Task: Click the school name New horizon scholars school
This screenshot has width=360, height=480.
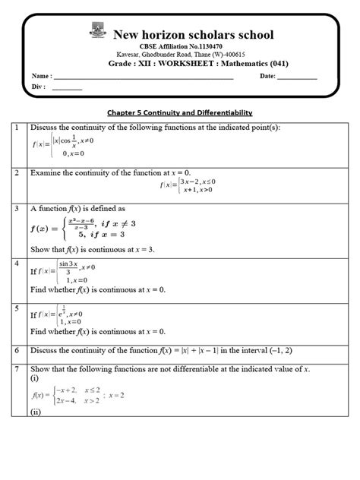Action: pyautogui.click(x=194, y=34)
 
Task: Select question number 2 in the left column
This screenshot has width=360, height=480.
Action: pyautogui.click(x=15, y=174)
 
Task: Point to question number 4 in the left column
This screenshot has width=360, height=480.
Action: pyautogui.click(x=15, y=263)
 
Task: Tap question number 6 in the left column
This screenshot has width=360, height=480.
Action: pyautogui.click(x=15, y=351)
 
